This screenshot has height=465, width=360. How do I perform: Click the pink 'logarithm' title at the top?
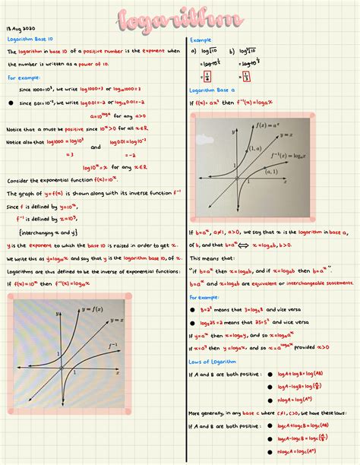pos(179,21)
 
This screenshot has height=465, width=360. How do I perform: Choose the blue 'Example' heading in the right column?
pos(201,40)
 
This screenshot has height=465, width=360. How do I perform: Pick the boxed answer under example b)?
pos(245,77)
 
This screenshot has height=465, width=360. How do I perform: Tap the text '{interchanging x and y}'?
pos(52,232)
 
